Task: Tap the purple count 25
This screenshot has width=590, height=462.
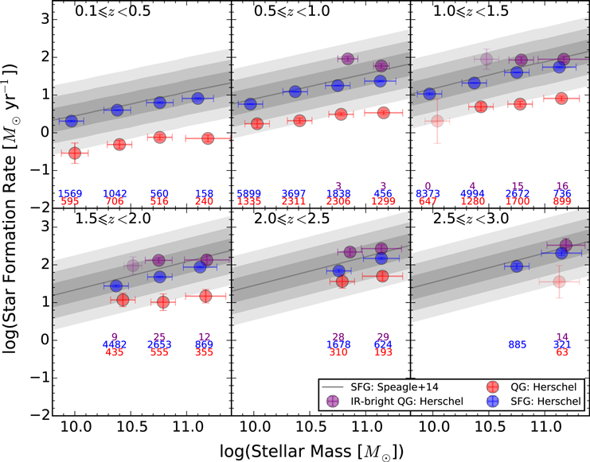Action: pos(160,336)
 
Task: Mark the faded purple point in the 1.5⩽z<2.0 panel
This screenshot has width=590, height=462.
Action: pos(133,266)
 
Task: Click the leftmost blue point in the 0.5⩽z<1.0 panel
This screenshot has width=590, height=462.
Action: pos(251,104)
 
